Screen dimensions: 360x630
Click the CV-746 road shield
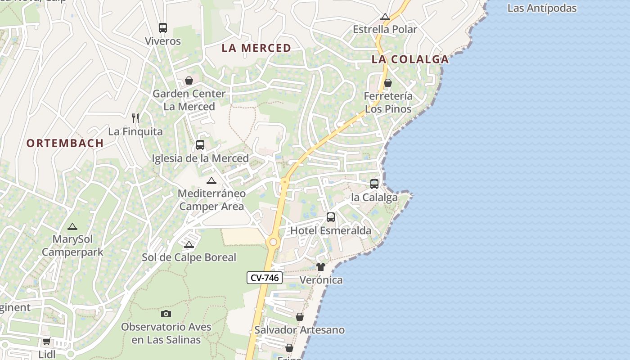(265, 278)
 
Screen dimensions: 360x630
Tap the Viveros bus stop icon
(163, 28)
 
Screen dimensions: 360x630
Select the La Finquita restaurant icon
(135, 118)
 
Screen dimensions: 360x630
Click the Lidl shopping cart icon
(46, 342)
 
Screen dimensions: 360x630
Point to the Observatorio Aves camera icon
(166, 314)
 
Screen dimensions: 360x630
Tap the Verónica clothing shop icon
(320, 267)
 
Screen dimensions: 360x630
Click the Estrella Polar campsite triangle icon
(385, 17)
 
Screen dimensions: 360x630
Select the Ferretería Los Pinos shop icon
(387, 83)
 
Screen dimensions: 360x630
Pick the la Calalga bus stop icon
(374, 184)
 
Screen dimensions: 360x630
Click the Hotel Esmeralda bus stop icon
(331, 217)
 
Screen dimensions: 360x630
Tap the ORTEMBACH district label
(65, 144)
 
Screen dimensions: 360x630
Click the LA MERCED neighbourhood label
(256, 48)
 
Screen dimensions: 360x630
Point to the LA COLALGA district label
(410, 59)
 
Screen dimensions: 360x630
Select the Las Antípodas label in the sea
(542, 8)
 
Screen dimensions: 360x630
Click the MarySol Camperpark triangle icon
(72, 226)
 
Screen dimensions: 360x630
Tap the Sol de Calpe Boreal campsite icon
(189, 244)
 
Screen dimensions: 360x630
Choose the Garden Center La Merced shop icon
(189, 81)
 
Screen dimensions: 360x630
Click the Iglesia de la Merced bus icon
(200, 145)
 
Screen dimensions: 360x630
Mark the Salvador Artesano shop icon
(299, 317)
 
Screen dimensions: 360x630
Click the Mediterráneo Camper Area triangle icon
(211, 180)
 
